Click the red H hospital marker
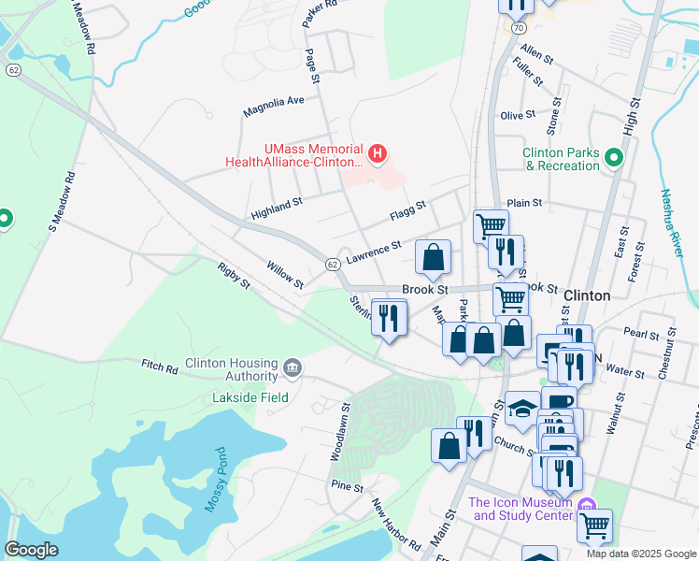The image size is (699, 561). coord(377,153)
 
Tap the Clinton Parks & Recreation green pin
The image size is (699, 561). coord(614,158)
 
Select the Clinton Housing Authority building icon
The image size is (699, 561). coord(292,365)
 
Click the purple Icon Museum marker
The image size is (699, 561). coord(587,507)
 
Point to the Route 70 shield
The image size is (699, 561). coord(518,29)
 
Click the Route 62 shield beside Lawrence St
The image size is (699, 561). coord(332,265)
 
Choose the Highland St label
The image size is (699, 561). coord(277,208)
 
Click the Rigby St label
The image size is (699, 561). coord(234,275)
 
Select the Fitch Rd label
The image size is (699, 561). coord(159,366)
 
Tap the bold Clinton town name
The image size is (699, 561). coord(587,295)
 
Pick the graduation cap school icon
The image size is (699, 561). coord(522,408)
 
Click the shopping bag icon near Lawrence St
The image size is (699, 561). coord(433,257)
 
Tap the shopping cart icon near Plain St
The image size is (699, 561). coord(491,225)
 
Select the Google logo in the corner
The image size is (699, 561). coord(30,550)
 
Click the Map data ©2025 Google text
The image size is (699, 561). coord(641,554)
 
